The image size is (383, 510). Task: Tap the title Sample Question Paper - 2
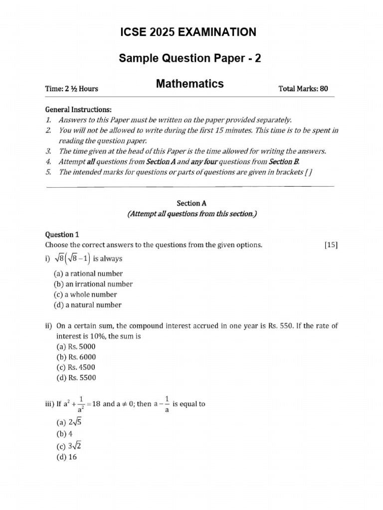coord(190,59)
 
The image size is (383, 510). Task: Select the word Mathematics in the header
coord(190,84)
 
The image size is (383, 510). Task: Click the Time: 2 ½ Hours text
coord(71,89)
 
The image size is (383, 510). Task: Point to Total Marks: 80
coord(303,89)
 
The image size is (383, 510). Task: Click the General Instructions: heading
coord(78,110)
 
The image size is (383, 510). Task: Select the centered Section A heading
coord(191,203)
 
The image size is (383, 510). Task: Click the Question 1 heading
coord(62,234)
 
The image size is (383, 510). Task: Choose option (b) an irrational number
coord(93,284)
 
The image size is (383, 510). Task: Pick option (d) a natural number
coord(87,305)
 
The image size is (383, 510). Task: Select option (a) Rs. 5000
coord(76,347)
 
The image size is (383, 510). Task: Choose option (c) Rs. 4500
coord(76,368)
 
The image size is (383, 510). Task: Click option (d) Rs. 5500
coord(76,378)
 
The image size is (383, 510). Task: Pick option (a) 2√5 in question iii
coord(68,423)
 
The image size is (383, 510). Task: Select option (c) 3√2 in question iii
coord(68,446)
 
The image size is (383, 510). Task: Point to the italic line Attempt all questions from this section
coord(191,214)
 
